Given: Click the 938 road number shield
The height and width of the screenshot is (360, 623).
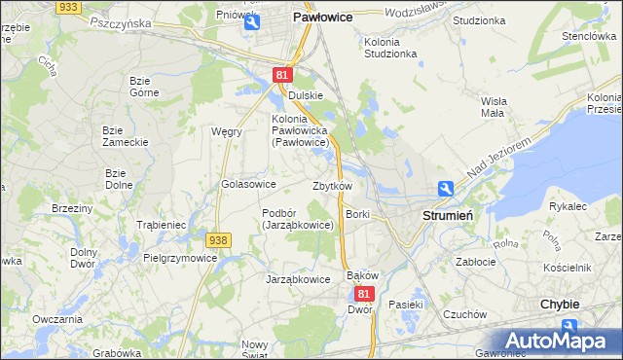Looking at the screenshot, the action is (x=217, y=239).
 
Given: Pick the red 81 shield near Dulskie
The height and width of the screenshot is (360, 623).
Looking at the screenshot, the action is (x=282, y=74).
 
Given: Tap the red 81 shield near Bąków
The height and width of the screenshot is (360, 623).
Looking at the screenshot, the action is (x=364, y=293).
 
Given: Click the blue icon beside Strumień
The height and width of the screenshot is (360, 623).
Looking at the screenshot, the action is (x=445, y=189).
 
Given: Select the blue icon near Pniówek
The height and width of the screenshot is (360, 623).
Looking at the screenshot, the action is (x=252, y=21).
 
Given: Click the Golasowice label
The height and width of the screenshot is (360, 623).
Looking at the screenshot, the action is (x=250, y=184).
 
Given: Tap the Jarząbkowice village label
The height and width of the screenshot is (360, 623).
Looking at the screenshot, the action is (x=298, y=279).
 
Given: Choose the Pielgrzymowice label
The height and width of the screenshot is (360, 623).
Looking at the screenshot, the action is (x=180, y=259).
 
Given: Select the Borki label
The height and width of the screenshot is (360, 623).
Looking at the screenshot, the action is (x=357, y=213).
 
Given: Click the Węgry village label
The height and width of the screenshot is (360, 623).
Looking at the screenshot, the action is (x=226, y=131).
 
